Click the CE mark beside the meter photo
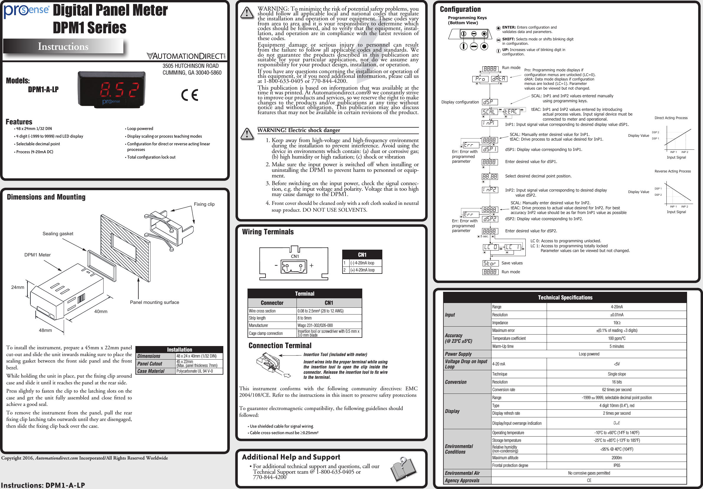(x=189, y=95)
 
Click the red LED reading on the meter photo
(x=120, y=90)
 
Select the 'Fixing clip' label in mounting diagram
(x=204, y=204)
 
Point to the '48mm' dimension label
(x=45, y=330)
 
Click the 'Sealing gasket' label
(x=58, y=233)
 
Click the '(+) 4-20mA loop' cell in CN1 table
(x=363, y=270)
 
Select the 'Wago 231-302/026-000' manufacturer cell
(x=315, y=325)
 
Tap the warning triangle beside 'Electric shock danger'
(x=247, y=134)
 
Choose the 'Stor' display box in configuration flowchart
(x=490, y=263)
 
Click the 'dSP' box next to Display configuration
(x=490, y=102)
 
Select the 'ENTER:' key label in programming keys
(x=509, y=27)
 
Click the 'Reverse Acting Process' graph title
(x=672, y=171)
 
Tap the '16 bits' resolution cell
(x=616, y=382)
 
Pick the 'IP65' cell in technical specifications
(x=616, y=465)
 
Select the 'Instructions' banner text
(x=63, y=46)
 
